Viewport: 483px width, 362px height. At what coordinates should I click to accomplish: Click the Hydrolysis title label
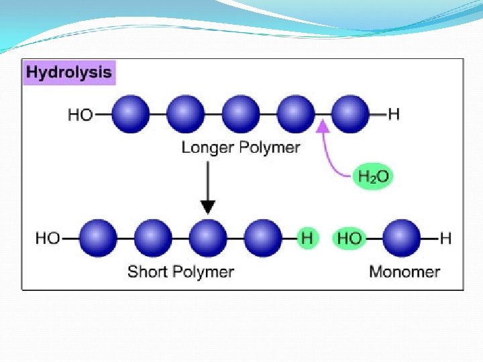(69, 72)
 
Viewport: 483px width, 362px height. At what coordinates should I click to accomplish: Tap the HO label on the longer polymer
(80, 115)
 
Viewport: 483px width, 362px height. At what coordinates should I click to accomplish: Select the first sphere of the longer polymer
(129, 114)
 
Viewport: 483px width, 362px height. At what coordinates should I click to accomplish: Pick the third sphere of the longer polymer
(240, 114)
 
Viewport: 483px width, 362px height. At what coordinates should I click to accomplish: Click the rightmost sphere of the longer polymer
(350, 114)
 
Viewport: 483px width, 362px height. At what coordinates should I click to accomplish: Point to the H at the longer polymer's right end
(394, 114)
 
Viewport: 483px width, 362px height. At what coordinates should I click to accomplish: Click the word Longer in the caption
(205, 147)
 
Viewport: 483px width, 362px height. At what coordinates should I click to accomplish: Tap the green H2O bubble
(373, 177)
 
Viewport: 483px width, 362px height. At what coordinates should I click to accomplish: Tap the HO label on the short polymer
(48, 238)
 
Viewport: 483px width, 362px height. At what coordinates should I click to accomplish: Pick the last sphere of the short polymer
(263, 238)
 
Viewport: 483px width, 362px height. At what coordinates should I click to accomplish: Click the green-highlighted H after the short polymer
(307, 238)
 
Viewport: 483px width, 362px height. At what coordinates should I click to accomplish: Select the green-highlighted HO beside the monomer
(349, 238)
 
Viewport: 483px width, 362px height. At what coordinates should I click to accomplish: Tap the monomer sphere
(402, 238)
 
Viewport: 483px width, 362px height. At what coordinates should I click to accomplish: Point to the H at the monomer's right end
(445, 238)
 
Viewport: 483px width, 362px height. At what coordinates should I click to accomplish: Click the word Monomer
(405, 271)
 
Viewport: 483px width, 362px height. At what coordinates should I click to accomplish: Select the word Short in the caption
(147, 271)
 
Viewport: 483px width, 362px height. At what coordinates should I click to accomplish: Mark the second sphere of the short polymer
(153, 238)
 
